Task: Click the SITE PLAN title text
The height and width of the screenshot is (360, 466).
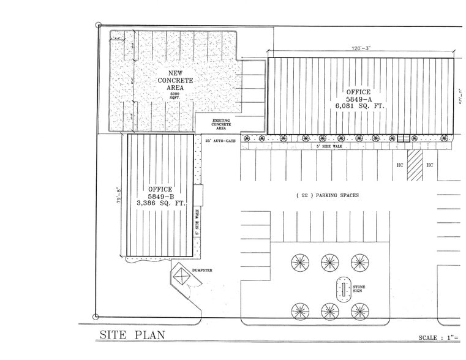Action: pyautogui.click(x=132, y=335)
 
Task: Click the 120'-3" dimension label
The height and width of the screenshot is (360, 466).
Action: pyautogui.click(x=361, y=47)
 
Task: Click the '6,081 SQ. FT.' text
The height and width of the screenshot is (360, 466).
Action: pyautogui.click(x=359, y=106)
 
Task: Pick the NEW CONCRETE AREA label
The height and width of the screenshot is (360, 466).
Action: pyautogui.click(x=176, y=80)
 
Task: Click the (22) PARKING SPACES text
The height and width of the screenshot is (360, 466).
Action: pyautogui.click(x=327, y=195)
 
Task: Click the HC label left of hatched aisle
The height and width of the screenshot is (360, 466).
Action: pyautogui.click(x=399, y=165)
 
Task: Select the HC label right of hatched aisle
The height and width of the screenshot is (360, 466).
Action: pyautogui.click(x=430, y=165)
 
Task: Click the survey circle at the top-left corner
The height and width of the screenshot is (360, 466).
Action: pyautogui.click(x=99, y=25)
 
